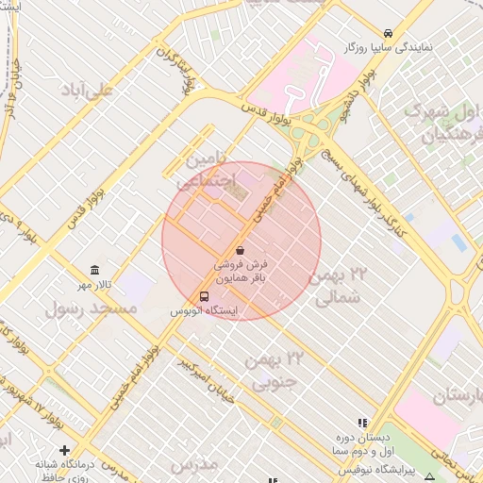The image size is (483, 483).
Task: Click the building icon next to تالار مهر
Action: coord(93,270)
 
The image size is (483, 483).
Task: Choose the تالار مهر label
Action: coord(93,285)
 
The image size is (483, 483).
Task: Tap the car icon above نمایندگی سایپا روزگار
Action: coord(389,32)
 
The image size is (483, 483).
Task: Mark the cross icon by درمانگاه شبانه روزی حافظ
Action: coord(64,450)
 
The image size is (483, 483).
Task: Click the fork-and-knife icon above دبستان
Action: coord(363,422)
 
